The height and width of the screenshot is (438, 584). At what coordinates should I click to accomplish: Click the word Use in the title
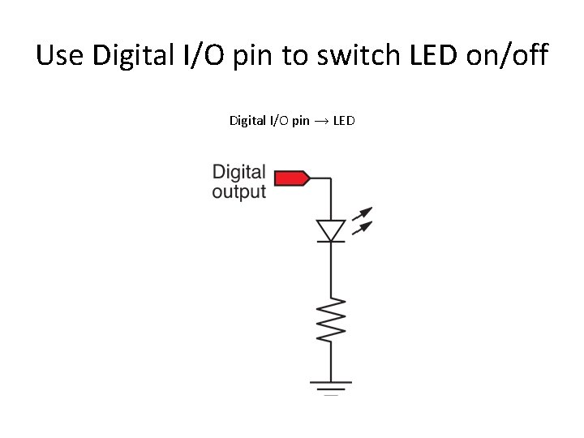point(60,56)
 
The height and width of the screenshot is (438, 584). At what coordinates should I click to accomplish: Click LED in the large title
point(434,56)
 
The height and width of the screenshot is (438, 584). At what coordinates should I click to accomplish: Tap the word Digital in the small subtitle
point(246,121)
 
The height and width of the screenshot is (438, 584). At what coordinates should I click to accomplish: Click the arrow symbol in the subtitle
point(321,121)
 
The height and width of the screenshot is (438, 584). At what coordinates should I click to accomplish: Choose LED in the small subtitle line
point(344,121)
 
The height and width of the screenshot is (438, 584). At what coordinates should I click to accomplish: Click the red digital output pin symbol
point(291,178)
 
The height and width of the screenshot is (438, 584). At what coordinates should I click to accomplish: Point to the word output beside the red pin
point(238,193)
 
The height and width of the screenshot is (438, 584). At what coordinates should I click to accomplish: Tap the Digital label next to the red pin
point(238,172)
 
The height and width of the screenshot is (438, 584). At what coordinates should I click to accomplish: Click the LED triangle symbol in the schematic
point(330,230)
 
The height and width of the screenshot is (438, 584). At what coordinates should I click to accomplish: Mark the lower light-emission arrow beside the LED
point(363,227)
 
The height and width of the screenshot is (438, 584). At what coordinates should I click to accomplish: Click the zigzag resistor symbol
point(331,320)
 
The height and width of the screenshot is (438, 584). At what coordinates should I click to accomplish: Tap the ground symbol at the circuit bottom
point(331,386)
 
